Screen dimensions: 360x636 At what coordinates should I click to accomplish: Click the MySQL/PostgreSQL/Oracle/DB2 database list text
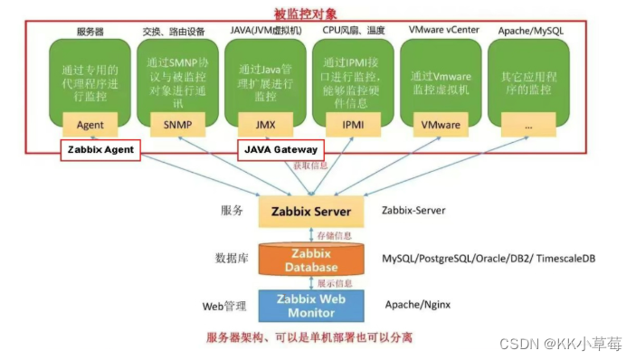click(x=488, y=259)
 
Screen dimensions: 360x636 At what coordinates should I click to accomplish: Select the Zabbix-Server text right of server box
click(x=414, y=210)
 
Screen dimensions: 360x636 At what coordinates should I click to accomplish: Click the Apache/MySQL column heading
click(x=528, y=31)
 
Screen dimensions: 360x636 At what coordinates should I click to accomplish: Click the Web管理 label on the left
click(x=223, y=306)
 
